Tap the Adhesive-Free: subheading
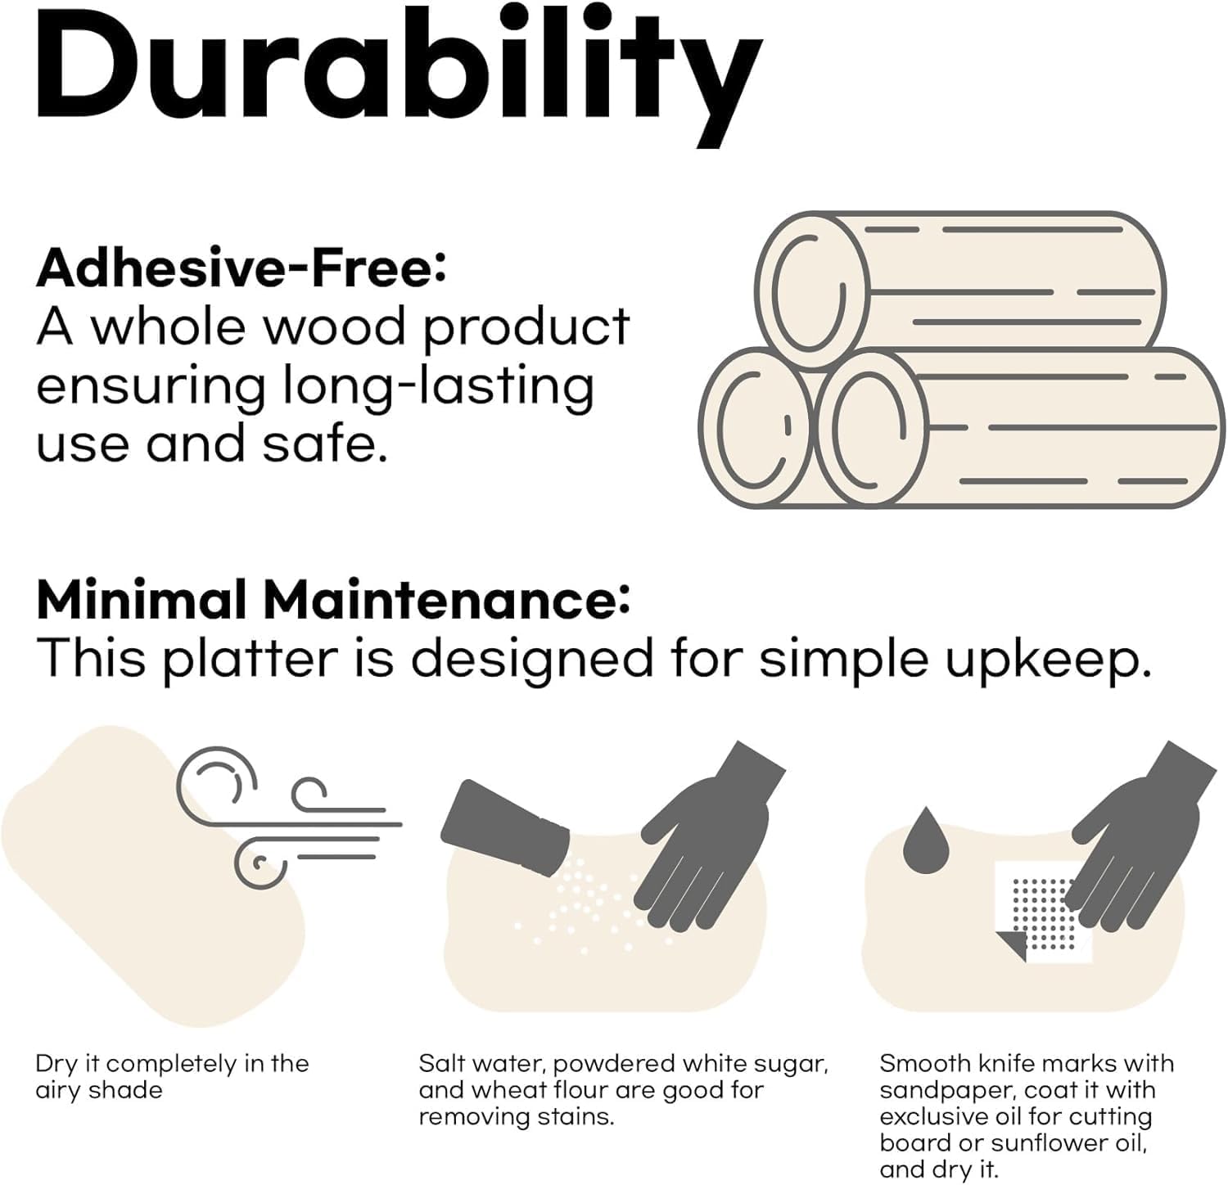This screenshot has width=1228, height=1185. (x=242, y=268)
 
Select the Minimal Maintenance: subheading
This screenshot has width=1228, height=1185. (x=333, y=599)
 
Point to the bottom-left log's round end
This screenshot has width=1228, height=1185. (x=757, y=427)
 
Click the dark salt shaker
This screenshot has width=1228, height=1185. (x=504, y=827)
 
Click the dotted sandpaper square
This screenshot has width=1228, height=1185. (x=1044, y=912)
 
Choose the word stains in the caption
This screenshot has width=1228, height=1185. (x=579, y=1116)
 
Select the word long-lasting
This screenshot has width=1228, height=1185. (x=438, y=387)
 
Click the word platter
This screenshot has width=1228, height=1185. (x=250, y=660)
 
